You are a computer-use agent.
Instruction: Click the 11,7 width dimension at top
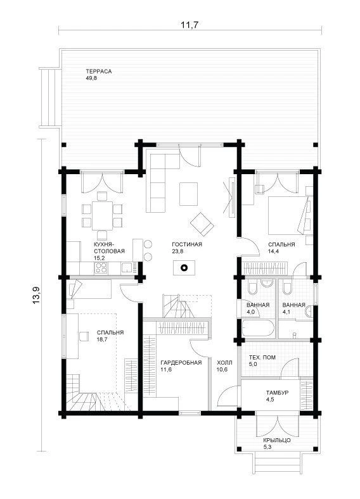tap(190, 25)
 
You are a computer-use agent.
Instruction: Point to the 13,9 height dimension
tap(37, 294)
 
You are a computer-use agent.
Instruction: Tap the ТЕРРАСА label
tap(99, 72)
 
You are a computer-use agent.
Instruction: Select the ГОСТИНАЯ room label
tap(187, 244)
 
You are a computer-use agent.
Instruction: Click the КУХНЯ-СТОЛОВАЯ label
tap(109, 248)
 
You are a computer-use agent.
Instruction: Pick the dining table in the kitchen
tap(102, 215)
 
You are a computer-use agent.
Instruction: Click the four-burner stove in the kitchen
tap(101, 268)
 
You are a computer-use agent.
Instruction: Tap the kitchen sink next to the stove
tap(127, 268)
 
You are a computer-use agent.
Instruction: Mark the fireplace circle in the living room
tap(184, 268)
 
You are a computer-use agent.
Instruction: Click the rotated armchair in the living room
tap(202, 223)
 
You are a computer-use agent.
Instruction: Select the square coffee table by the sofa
tap(188, 194)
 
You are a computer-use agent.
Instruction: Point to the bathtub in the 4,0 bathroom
tap(258, 329)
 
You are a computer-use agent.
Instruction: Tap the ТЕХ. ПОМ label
tap(262, 358)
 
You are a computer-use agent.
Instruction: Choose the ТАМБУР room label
tap(277, 393)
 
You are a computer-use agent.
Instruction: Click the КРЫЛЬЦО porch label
tap(277, 440)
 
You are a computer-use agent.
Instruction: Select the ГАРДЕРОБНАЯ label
tap(181, 362)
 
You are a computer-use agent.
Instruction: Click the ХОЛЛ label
tap(224, 362)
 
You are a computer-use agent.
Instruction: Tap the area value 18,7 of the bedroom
tap(102, 339)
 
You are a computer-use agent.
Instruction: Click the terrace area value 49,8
tap(91, 78)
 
